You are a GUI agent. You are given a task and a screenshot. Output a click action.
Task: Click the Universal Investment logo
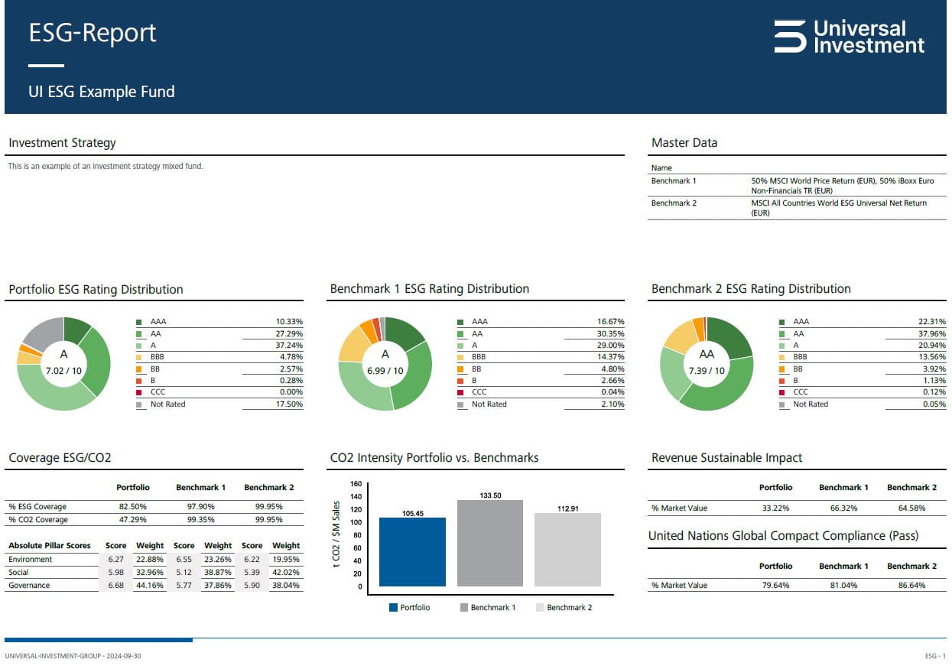click(x=849, y=37)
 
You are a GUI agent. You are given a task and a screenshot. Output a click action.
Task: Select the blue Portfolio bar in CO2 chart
click(x=412, y=552)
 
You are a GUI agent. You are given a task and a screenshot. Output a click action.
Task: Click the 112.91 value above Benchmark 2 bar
click(x=567, y=508)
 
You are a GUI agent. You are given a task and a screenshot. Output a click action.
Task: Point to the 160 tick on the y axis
click(x=356, y=484)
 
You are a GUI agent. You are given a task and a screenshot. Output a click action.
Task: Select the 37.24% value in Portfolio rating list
click(x=289, y=346)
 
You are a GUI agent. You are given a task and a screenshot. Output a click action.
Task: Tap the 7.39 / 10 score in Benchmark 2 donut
click(x=707, y=371)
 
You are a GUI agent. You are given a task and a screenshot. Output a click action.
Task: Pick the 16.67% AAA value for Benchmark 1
click(x=610, y=322)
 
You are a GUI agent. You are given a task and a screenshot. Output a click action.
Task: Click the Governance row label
click(x=29, y=586)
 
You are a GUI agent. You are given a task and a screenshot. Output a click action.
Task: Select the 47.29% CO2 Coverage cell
click(x=132, y=520)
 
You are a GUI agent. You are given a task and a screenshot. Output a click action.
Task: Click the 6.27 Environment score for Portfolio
click(x=115, y=560)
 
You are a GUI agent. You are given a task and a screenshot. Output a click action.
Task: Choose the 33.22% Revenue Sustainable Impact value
click(x=775, y=508)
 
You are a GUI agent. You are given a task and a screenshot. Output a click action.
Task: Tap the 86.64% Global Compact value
click(x=911, y=586)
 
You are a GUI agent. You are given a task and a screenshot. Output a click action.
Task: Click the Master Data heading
click(x=684, y=143)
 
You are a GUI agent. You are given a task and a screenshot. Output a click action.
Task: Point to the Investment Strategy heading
click(x=62, y=143)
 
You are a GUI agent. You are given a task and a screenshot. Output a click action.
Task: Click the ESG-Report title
click(x=93, y=33)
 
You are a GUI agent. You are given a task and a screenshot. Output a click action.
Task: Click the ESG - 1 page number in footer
click(x=935, y=657)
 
